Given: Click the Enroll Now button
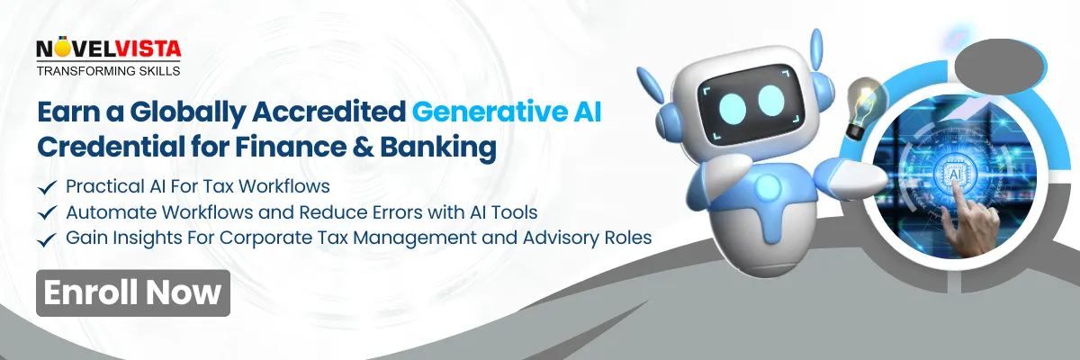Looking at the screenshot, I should click(x=132, y=292).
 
